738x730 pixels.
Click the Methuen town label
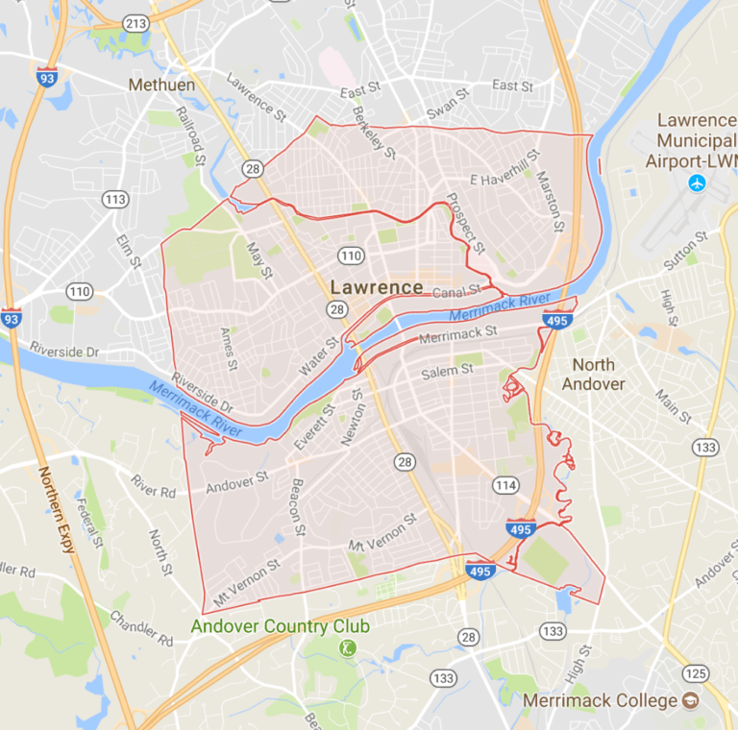point(161,85)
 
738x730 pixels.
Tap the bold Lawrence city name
point(376,287)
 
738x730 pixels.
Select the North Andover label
point(599,374)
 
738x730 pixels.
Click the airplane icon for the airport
point(698,182)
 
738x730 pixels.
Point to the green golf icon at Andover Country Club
point(347,649)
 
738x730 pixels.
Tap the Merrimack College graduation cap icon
point(690,700)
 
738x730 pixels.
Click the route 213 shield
point(135,21)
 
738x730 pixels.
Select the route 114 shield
point(505,485)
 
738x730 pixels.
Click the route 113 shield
point(116,200)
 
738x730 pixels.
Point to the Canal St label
point(455,292)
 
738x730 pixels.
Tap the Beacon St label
point(297,506)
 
